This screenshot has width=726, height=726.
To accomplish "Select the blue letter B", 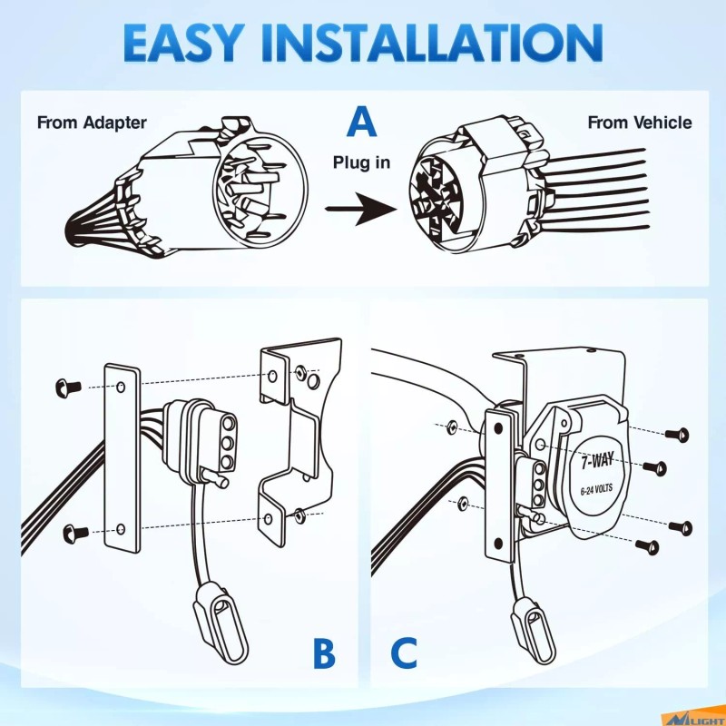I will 323,654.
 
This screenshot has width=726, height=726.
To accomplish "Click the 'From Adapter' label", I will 92,123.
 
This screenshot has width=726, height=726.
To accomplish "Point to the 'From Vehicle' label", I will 639,123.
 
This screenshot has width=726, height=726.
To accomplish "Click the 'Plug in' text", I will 362,163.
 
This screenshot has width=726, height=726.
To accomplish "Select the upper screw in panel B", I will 66,388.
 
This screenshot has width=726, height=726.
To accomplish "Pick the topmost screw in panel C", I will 675,435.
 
